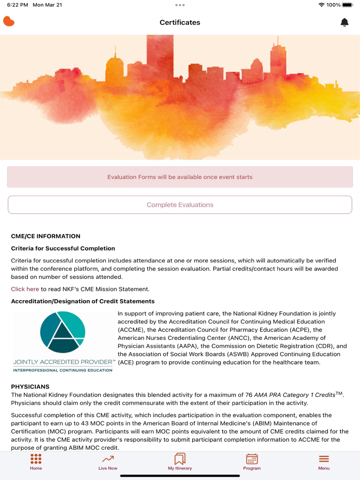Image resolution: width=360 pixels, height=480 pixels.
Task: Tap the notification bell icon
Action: coord(345,22)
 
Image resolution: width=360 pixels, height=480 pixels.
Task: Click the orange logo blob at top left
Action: coord(9,22)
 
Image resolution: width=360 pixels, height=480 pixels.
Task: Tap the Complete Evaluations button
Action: coord(180,205)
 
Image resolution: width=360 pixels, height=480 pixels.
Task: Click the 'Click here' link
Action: coord(25,289)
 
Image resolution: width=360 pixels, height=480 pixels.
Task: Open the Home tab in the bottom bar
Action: coord(36,462)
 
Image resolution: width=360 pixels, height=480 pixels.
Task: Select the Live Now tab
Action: coord(108,462)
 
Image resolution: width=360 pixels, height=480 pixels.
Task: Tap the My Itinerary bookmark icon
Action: coord(180,459)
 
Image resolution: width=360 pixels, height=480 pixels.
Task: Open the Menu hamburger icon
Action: coord(324,459)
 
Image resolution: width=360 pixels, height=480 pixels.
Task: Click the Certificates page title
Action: coord(180,22)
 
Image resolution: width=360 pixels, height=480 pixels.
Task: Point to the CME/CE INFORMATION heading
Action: coord(46,236)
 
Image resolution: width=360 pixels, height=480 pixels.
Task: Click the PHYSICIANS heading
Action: coord(30,386)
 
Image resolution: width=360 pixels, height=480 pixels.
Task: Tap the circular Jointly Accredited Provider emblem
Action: coord(63,332)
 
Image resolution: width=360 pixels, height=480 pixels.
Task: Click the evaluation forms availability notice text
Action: coord(180,177)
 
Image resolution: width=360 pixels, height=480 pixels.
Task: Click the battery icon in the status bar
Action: coord(348,5)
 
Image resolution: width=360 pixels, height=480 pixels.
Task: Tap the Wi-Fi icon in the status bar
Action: coord(321,5)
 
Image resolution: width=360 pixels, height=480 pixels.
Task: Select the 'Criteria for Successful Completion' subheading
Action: coord(63,248)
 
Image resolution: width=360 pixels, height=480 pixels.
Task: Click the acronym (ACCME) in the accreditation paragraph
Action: coord(131,330)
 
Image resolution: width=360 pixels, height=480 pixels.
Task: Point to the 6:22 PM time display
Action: coord(17,5)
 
